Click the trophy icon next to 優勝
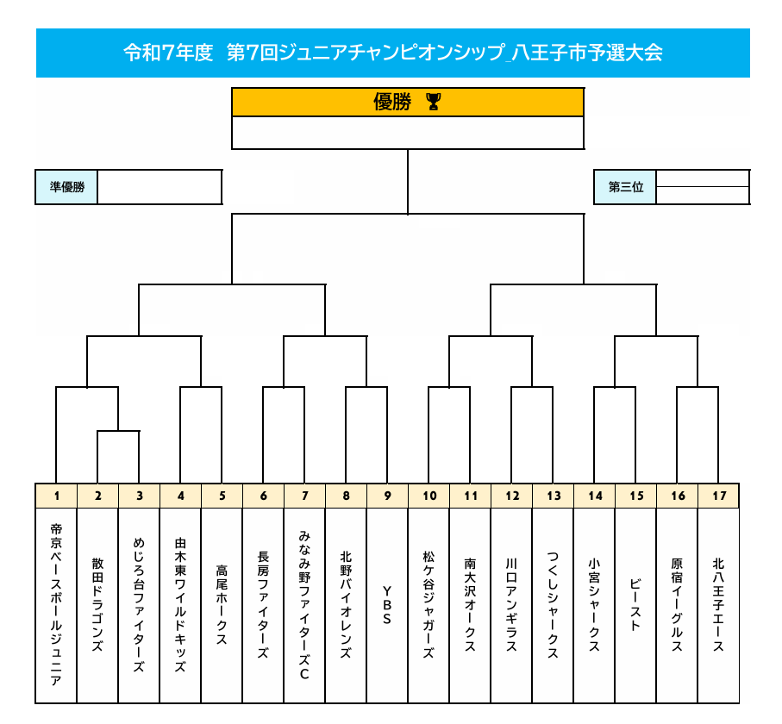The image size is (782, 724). click(x=434, y=102)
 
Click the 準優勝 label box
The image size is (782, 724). click(x=66, y=187)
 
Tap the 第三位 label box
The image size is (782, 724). click(x=625, y=187)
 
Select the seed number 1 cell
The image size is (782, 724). click(x=56, y=496)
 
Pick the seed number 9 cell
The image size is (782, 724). click(x=387, y=496)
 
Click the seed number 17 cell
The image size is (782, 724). click(x=719, y=496)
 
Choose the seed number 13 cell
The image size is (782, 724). click(x=553, y=496)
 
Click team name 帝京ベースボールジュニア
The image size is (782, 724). click(x=56, y=604)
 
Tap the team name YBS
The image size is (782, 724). click(x=387, y=605)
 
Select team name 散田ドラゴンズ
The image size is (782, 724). click(x=97, y=604)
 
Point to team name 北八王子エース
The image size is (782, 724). click(x=718, y=604)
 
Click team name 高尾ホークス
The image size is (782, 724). click(x=222, y=604)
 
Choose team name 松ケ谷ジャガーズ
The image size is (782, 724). click(x=429, y=604)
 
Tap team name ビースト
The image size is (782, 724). click(x=635, y=604)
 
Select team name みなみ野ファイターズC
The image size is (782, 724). click(x=304, y=605)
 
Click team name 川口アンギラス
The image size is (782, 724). click(x=511, y=604)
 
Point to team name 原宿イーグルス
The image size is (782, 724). click(x=677, y=604)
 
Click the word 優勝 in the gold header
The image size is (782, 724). click(x=392, y=102)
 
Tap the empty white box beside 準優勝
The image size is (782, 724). click(x=160, y=187)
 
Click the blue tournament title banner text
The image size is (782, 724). click(x=393, y=53)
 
